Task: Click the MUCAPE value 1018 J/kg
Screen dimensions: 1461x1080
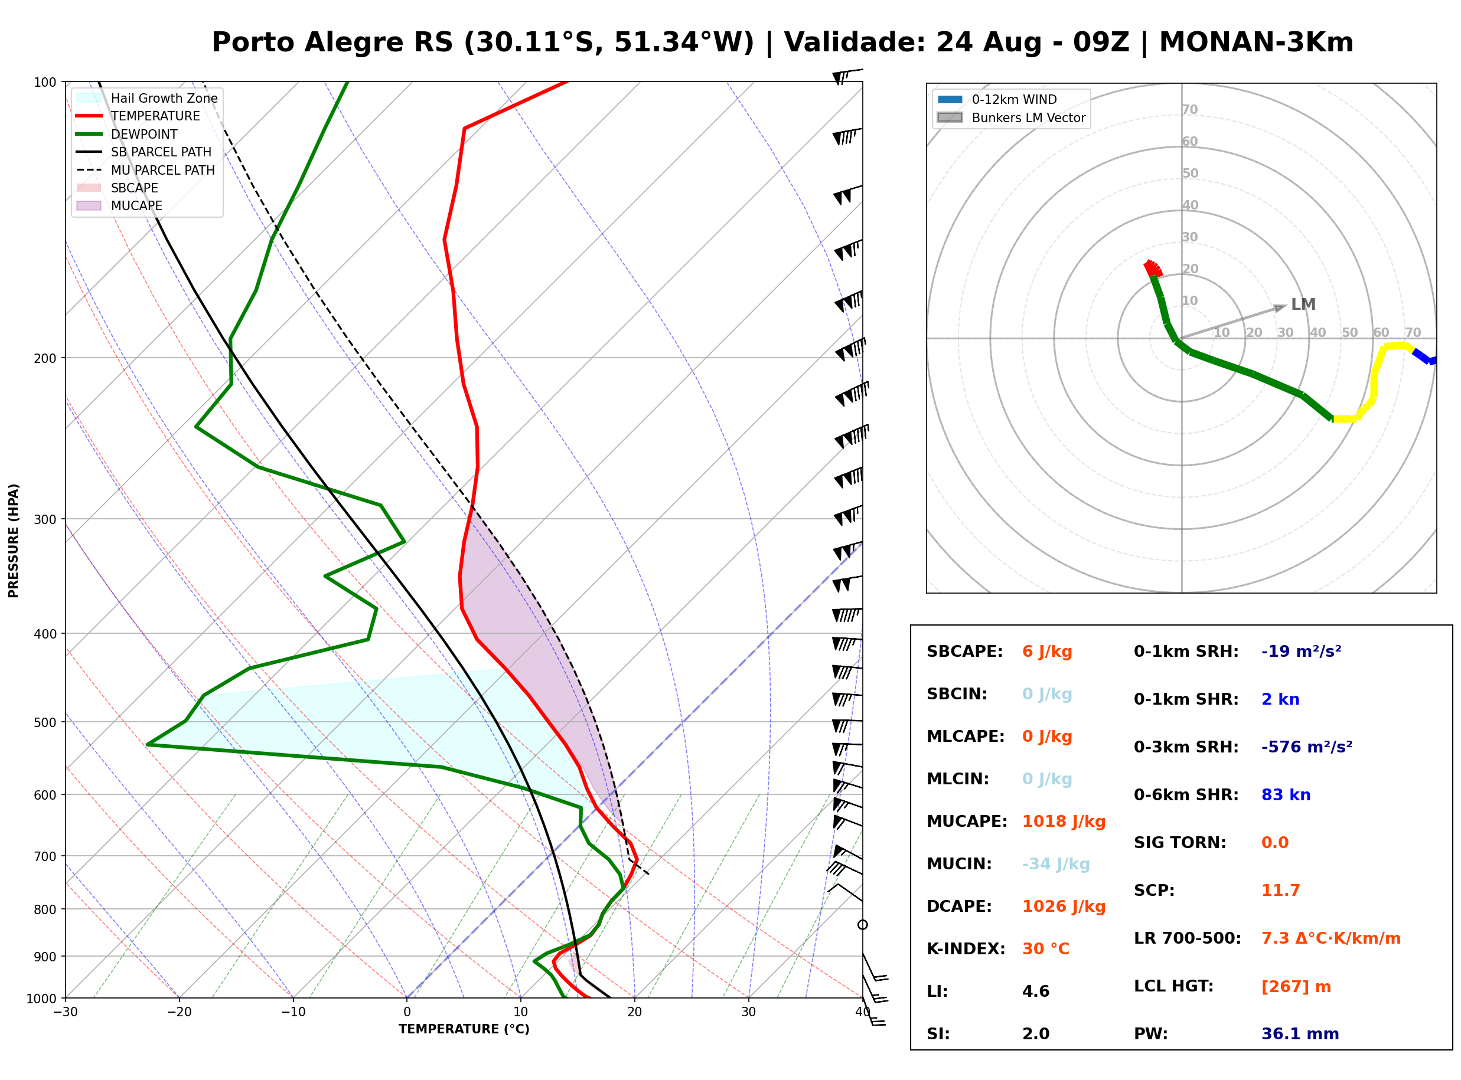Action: pos(1064,821)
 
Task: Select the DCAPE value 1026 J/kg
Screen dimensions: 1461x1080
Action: pos(1064,906)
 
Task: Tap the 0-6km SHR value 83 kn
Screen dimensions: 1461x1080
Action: pos(1286,794)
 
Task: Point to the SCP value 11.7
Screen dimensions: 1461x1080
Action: pos(1280,890)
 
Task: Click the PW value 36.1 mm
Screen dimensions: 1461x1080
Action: pos(1300,1033)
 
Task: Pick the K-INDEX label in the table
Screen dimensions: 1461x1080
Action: pos(966,948)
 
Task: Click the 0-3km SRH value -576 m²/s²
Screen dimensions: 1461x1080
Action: pos(1307,747)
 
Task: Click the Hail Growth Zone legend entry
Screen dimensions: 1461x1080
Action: pos(147,98)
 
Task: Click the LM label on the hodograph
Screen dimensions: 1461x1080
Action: pos(1303,304)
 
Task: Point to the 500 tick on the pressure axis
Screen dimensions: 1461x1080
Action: pos(44,722)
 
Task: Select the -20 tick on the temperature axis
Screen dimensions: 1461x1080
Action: pos(178,1012)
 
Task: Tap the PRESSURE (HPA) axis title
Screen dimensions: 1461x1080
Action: pos(14,541)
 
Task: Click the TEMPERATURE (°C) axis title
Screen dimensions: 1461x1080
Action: pos(464,1029)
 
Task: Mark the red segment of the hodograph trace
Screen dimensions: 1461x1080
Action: pos(1152,269)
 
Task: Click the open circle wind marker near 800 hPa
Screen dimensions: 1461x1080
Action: pos(863,924)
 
